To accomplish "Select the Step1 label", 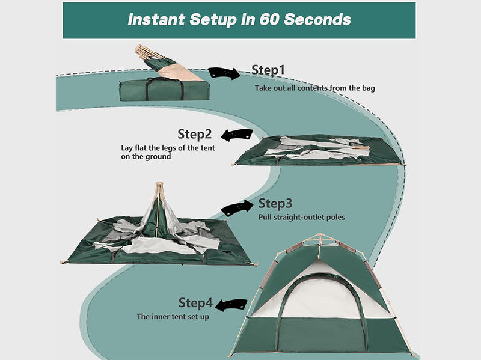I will click(268, 70).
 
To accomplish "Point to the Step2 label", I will click(195, 133).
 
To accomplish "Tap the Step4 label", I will click(195, 302).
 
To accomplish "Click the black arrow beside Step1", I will click(224, 73).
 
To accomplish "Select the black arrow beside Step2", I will click(236, 135).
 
